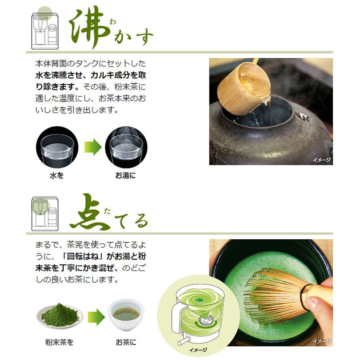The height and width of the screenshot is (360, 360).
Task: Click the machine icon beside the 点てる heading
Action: click(x=45, y=213)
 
